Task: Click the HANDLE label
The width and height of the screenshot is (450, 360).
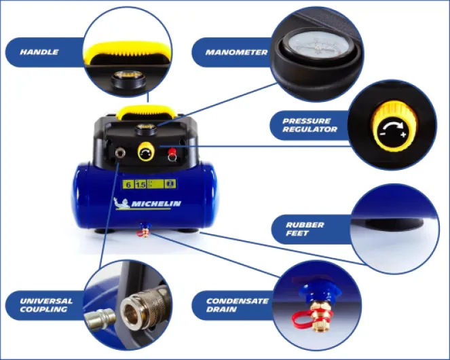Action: pos(39,52)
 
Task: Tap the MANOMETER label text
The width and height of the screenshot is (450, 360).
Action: pos(236,52)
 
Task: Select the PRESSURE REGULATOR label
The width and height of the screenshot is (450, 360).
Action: pos(310,125)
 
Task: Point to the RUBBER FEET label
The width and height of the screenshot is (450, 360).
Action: pos(305,229)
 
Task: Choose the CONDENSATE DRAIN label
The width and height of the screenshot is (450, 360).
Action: pos(238,305)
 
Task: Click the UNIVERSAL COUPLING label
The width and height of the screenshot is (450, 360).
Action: pos(46,305)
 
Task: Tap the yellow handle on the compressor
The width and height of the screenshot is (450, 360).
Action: pos(146,112)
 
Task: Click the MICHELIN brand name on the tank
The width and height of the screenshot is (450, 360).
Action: pos(156,204)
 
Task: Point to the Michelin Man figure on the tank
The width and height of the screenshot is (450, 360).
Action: pos(122,203)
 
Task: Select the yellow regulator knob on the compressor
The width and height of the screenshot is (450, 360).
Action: pos(146,152)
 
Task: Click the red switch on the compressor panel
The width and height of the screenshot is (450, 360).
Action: pos(172,151)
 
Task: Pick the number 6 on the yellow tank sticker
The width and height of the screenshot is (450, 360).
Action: pos(128,184)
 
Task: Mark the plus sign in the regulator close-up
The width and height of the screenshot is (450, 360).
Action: pos(404,134)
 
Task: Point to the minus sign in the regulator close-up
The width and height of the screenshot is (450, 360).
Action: pos(382,134)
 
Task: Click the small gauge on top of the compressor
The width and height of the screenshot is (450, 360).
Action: pos(146,128)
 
